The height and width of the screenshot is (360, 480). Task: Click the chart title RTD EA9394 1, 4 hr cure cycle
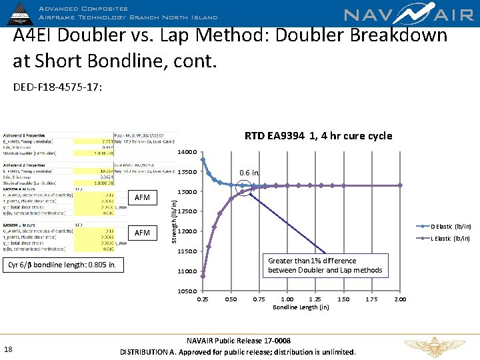coord(318,136)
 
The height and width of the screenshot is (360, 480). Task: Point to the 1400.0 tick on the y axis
coord(187,153)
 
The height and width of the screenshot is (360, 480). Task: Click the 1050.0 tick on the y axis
coord(187,291)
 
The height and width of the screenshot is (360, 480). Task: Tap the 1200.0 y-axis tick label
coord(187,232)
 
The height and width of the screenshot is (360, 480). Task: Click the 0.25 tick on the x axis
coord(203,299)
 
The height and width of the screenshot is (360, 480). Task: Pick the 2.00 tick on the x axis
coord(400,299)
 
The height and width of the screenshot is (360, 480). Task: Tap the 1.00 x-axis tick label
coord(287,299)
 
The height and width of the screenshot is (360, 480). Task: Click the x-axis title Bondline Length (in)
coord(301,307)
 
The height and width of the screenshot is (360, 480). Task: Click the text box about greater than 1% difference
coord(325,265)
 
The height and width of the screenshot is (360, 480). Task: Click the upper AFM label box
coord(143,198)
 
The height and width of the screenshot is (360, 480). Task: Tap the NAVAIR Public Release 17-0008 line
coord(238,340)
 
